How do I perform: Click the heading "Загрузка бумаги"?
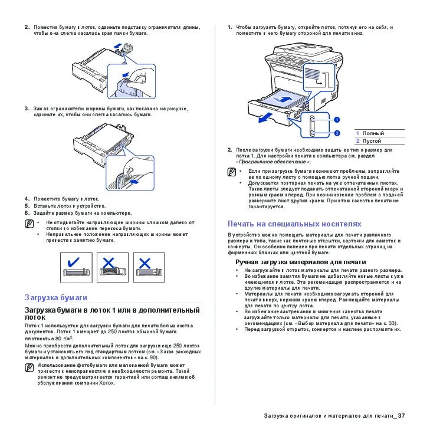[x=55, y=297]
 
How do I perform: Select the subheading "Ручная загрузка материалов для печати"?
[x=301, y=261]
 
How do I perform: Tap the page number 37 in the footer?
[x=401, y=416]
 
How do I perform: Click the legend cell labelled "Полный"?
[x=372, y=133]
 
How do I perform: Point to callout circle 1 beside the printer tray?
[x=337, y=120]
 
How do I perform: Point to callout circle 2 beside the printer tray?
[x=337, y=133]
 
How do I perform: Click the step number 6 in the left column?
[x=27, y=213]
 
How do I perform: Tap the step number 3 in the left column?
[x=27, y=109]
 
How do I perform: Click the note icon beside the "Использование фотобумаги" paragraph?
[x=29, y=367]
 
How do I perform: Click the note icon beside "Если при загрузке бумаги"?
[x=232, y=172]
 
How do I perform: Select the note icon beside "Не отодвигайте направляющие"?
[x=29, y=224]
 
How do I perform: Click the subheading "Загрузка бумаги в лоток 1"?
[x=112, y=313]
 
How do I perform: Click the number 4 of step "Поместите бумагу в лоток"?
[x=27, y=199]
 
